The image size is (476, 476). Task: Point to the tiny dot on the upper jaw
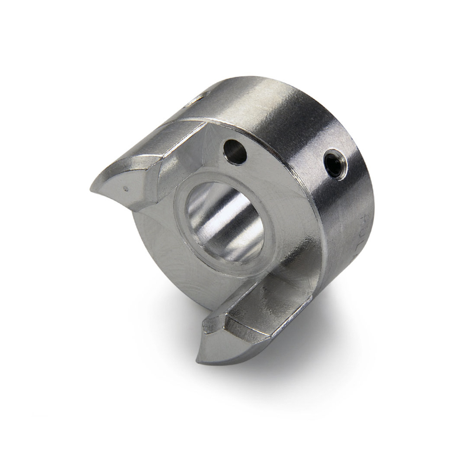[x=125, y=188]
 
